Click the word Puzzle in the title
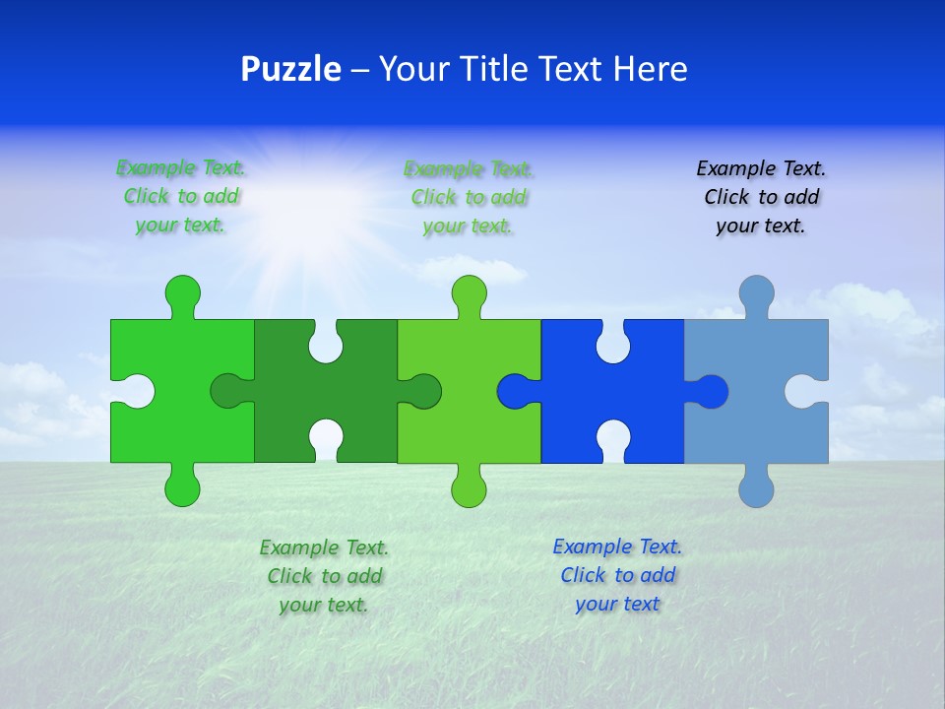click(x=290, y=70)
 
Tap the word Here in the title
click(x=650, y=70)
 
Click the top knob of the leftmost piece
click(x=182, y=292)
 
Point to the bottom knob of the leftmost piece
click(x=182, y=488)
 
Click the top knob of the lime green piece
click(x=470, y=292)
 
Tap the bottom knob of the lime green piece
click(x=470, y=488)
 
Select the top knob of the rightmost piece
click(x=756, y=292)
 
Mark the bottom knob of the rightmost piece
click(x=756, y=488)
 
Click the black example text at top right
click(x=761, y=197)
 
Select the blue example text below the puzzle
click(x=617, y=575)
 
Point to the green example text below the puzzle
click(x=324, y=576)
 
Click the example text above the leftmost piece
click(x=181, y=197)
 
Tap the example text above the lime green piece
click(x=469, y=197)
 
